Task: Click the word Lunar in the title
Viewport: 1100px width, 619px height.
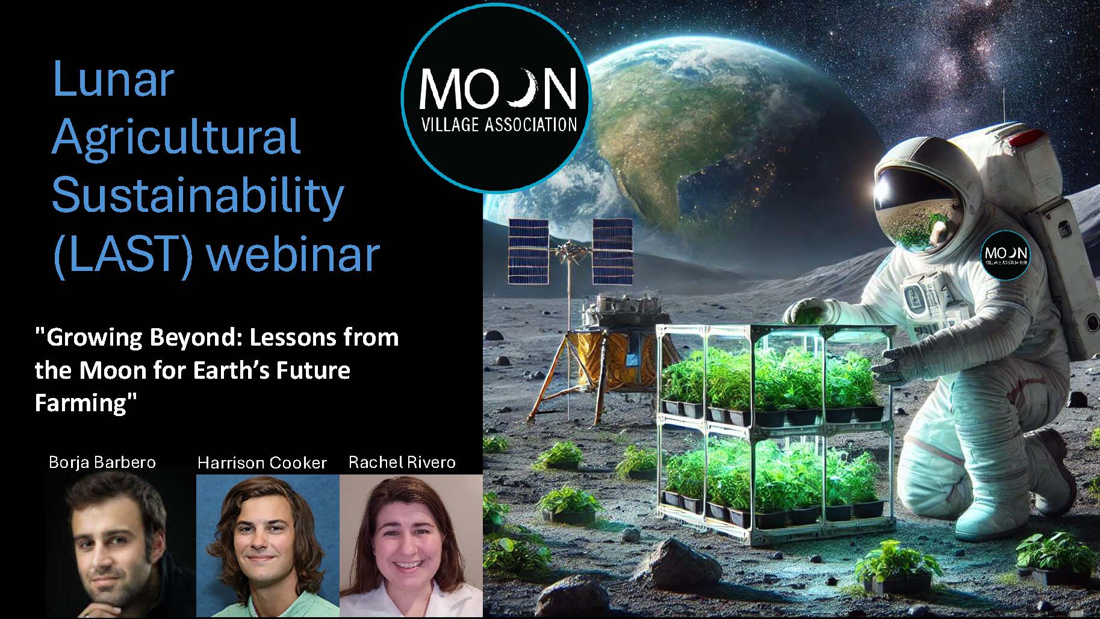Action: click(x=113, y=80)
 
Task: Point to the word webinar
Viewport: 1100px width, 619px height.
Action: click(x=293, y=254)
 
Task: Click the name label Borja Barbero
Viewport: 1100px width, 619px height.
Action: click(x=102, y=462)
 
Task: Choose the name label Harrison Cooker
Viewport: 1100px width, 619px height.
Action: click(x=262, y=462)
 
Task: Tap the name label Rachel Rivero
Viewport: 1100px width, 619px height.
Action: click(x=402, y=462)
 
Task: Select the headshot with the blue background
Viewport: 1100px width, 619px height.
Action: click(x=268, y=546)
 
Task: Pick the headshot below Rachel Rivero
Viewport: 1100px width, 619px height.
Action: click(x=411, y=546)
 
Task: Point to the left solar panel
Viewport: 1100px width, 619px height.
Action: click(x=528, y=251)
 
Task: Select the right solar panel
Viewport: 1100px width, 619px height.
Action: click(x=612, y=251)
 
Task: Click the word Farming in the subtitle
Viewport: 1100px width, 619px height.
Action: click(x=82, y=403)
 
